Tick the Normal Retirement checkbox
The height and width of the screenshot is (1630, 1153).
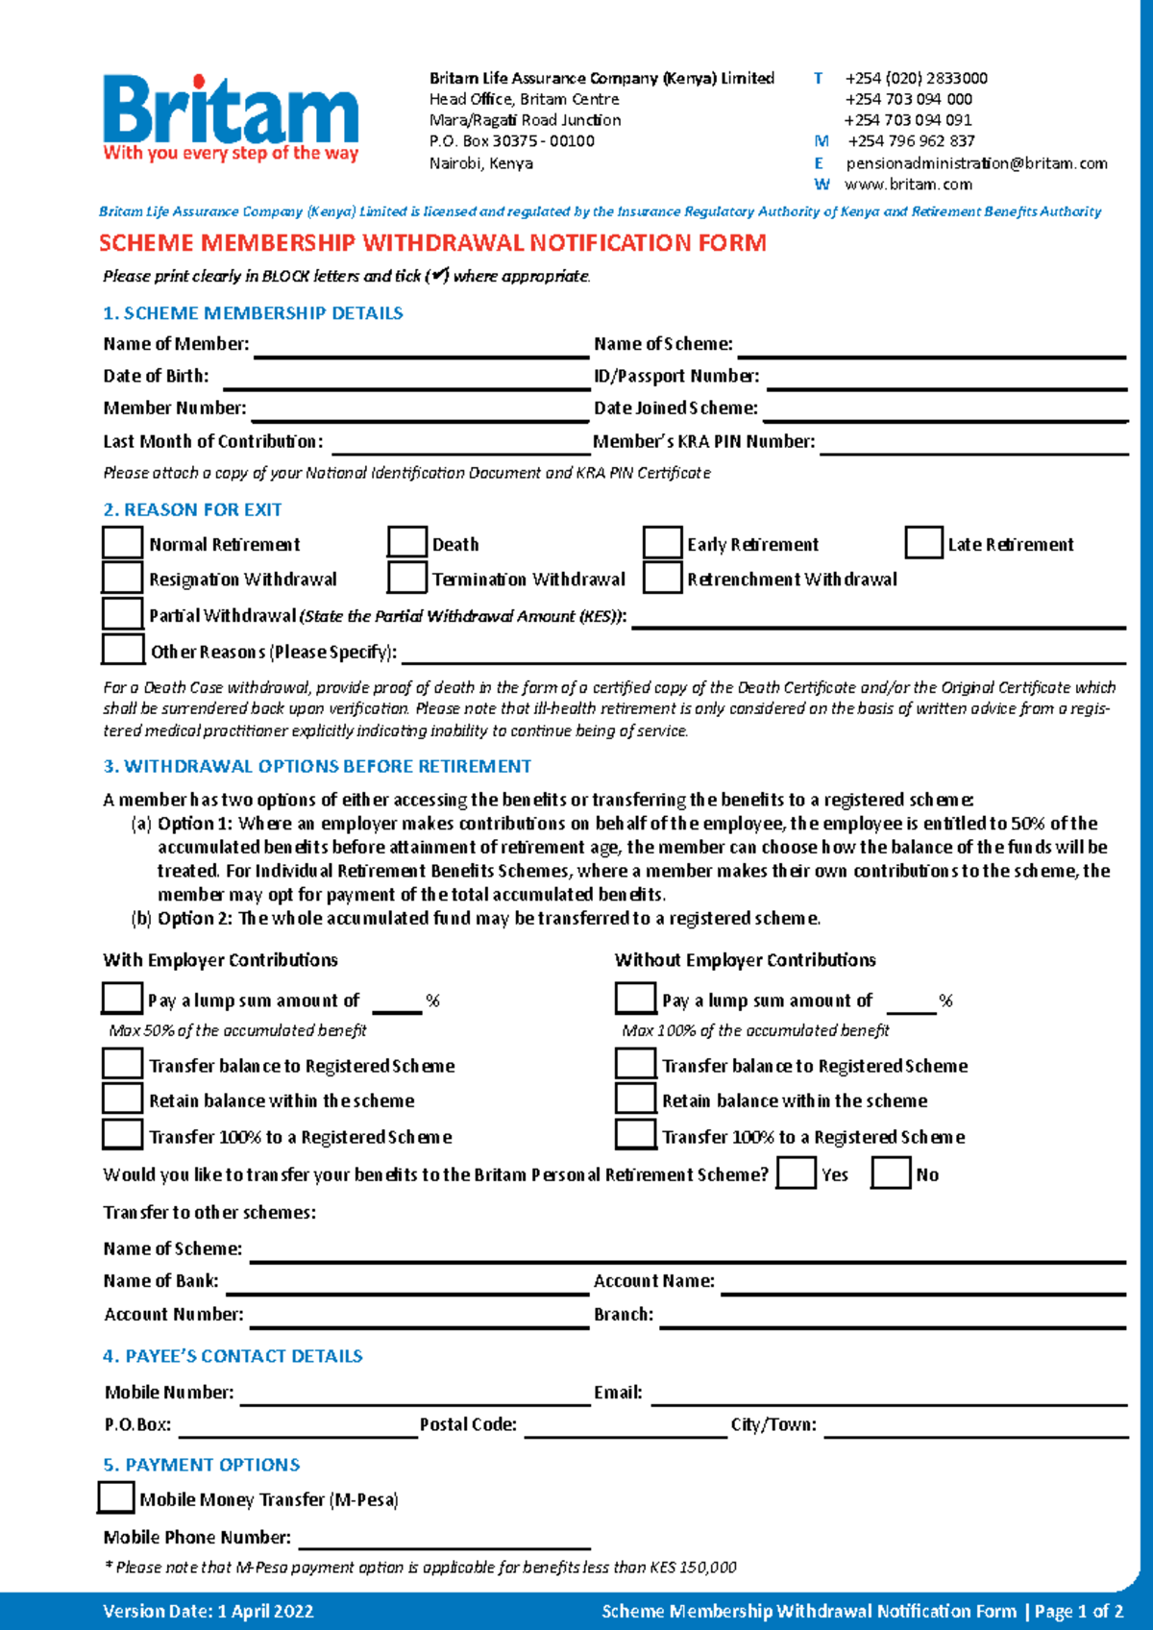pos(122,543)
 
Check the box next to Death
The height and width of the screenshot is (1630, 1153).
pos(407,543)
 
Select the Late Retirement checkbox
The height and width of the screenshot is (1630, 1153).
pos(923,543)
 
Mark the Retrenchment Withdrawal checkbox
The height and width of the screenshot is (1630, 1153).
pos(662,578)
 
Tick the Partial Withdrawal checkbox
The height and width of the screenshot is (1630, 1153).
pos(122,613)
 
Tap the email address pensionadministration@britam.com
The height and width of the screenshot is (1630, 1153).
pos(976,163)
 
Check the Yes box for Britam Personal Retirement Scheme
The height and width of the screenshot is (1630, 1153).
pos(797,1173)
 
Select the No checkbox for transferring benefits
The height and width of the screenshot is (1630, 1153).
pos(891,1173)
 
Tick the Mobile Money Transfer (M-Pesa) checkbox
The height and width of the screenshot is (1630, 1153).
pos(116,1497)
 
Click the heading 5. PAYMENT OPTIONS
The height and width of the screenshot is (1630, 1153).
pos(202,1465)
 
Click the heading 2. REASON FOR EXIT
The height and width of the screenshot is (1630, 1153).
pos(192,509)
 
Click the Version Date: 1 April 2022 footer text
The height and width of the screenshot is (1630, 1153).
pos(209,1612)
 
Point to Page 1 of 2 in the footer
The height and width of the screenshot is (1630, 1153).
pos(1079,1612)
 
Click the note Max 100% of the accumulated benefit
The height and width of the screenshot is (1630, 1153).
pos(755,1030)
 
